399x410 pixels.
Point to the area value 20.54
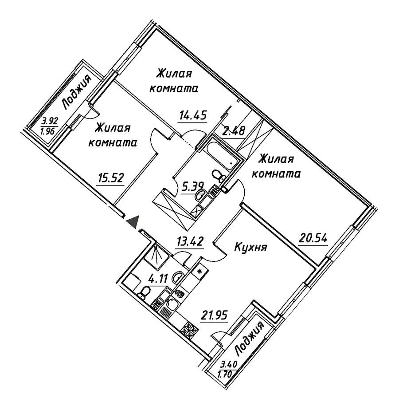click(313, 238)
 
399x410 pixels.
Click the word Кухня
click(250, 247)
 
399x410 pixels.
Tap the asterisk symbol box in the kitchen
click(200, 271)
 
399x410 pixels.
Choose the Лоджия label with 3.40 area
click(250, 339)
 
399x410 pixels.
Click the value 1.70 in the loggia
click(225, 375)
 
